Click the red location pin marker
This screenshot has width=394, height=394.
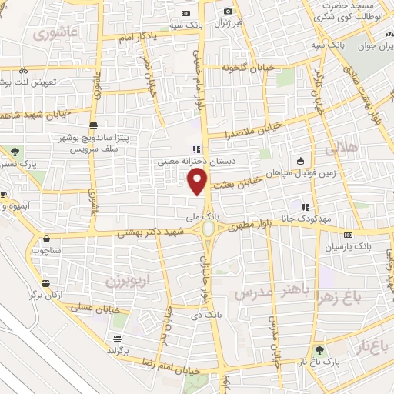198,182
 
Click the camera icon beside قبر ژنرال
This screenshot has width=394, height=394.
228,11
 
